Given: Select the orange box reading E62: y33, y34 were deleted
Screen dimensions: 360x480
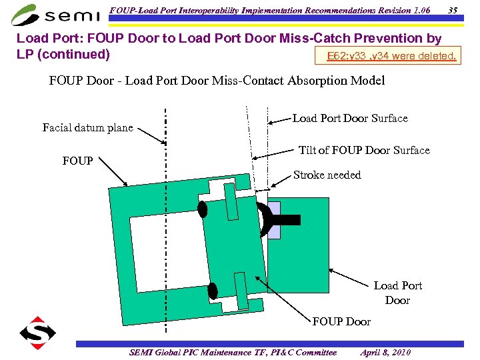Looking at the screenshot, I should (x=392, y=56).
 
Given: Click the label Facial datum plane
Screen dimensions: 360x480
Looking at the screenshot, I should (x=87, y=127).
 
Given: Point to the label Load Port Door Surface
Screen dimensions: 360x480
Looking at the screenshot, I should (x=350, y=118).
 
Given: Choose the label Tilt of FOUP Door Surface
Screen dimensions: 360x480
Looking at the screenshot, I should (x=364, y=150).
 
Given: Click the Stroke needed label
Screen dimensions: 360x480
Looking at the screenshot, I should (x=327, y=175).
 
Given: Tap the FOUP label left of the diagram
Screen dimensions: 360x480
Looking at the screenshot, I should (x=78, y=161).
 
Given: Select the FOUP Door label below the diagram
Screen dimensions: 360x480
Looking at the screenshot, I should (x=341, y=321).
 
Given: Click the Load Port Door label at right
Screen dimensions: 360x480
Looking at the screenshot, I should (x=397, y=293).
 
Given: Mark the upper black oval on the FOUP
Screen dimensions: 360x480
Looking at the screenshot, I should (x=203, y=209).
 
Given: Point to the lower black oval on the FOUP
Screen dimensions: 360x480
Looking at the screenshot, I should (x=213, y=291).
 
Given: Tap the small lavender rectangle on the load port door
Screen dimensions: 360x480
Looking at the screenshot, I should (x=274, y=215).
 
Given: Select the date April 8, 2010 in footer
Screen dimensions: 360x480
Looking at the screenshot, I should (x=385, y=352).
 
